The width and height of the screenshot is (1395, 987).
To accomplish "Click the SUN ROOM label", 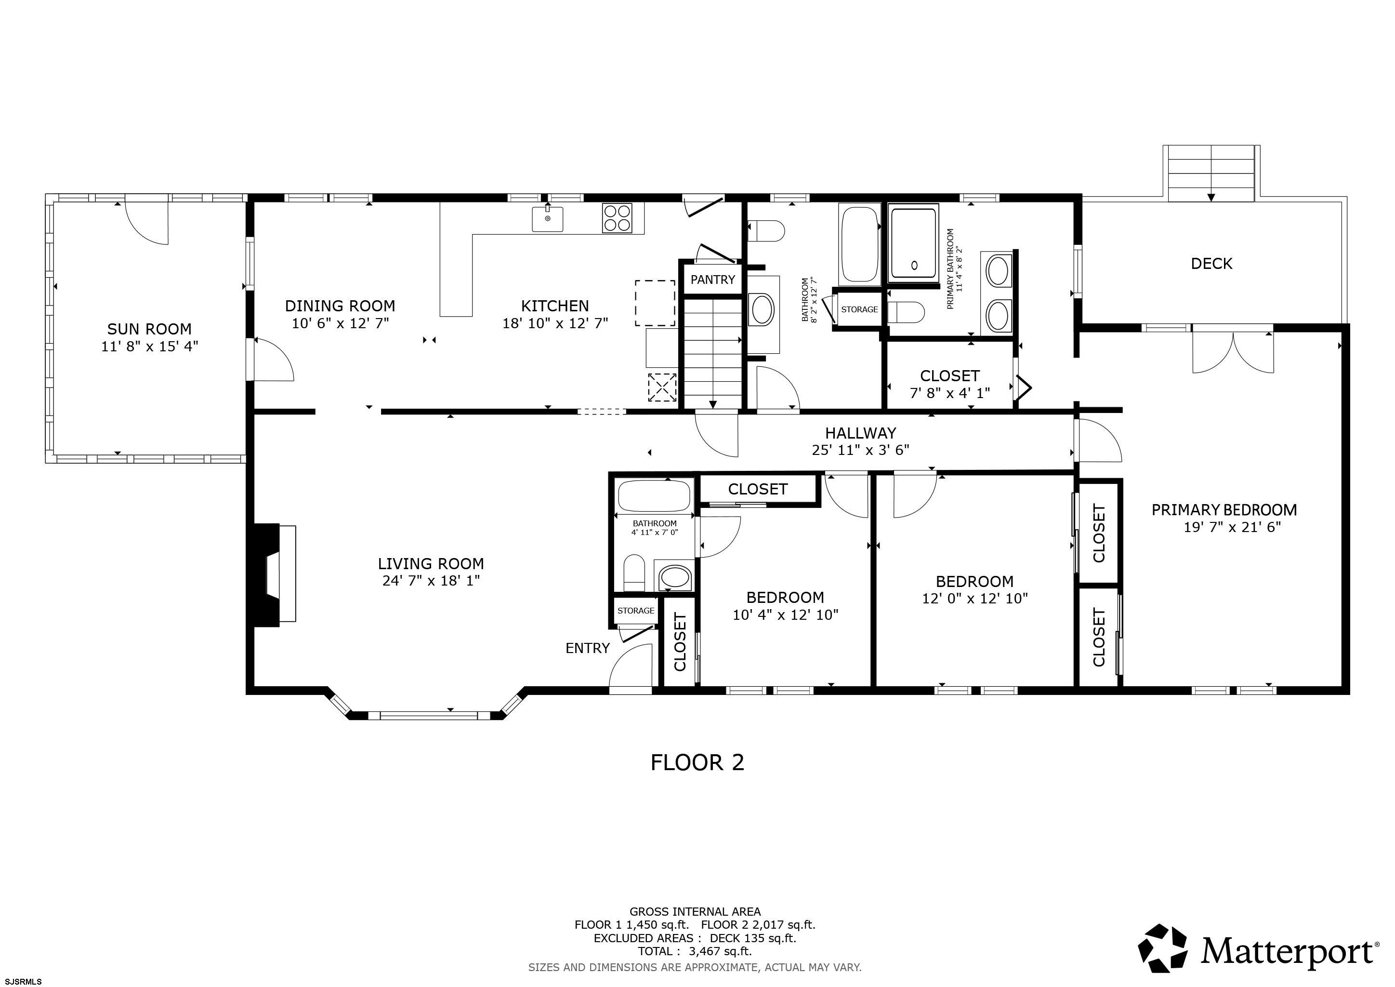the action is [149, 329].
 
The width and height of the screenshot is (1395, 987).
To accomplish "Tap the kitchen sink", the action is [547, 219].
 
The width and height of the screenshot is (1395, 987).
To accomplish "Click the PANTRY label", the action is [713, 280].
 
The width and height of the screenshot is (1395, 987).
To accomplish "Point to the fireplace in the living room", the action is [271, 573].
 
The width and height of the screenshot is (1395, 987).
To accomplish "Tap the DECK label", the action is [1211, 263].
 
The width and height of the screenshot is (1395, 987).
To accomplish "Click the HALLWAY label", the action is [860, 433].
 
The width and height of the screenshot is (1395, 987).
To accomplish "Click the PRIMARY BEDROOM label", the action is [1224, 509].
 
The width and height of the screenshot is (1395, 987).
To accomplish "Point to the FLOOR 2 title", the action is [697, 762].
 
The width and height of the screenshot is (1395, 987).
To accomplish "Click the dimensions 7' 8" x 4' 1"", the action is [949, 393].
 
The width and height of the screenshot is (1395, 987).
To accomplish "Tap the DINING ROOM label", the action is [340, 306].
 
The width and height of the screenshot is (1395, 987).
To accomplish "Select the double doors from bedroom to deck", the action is [1233, 352].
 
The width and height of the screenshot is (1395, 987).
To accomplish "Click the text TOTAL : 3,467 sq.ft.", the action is [695, 951].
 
